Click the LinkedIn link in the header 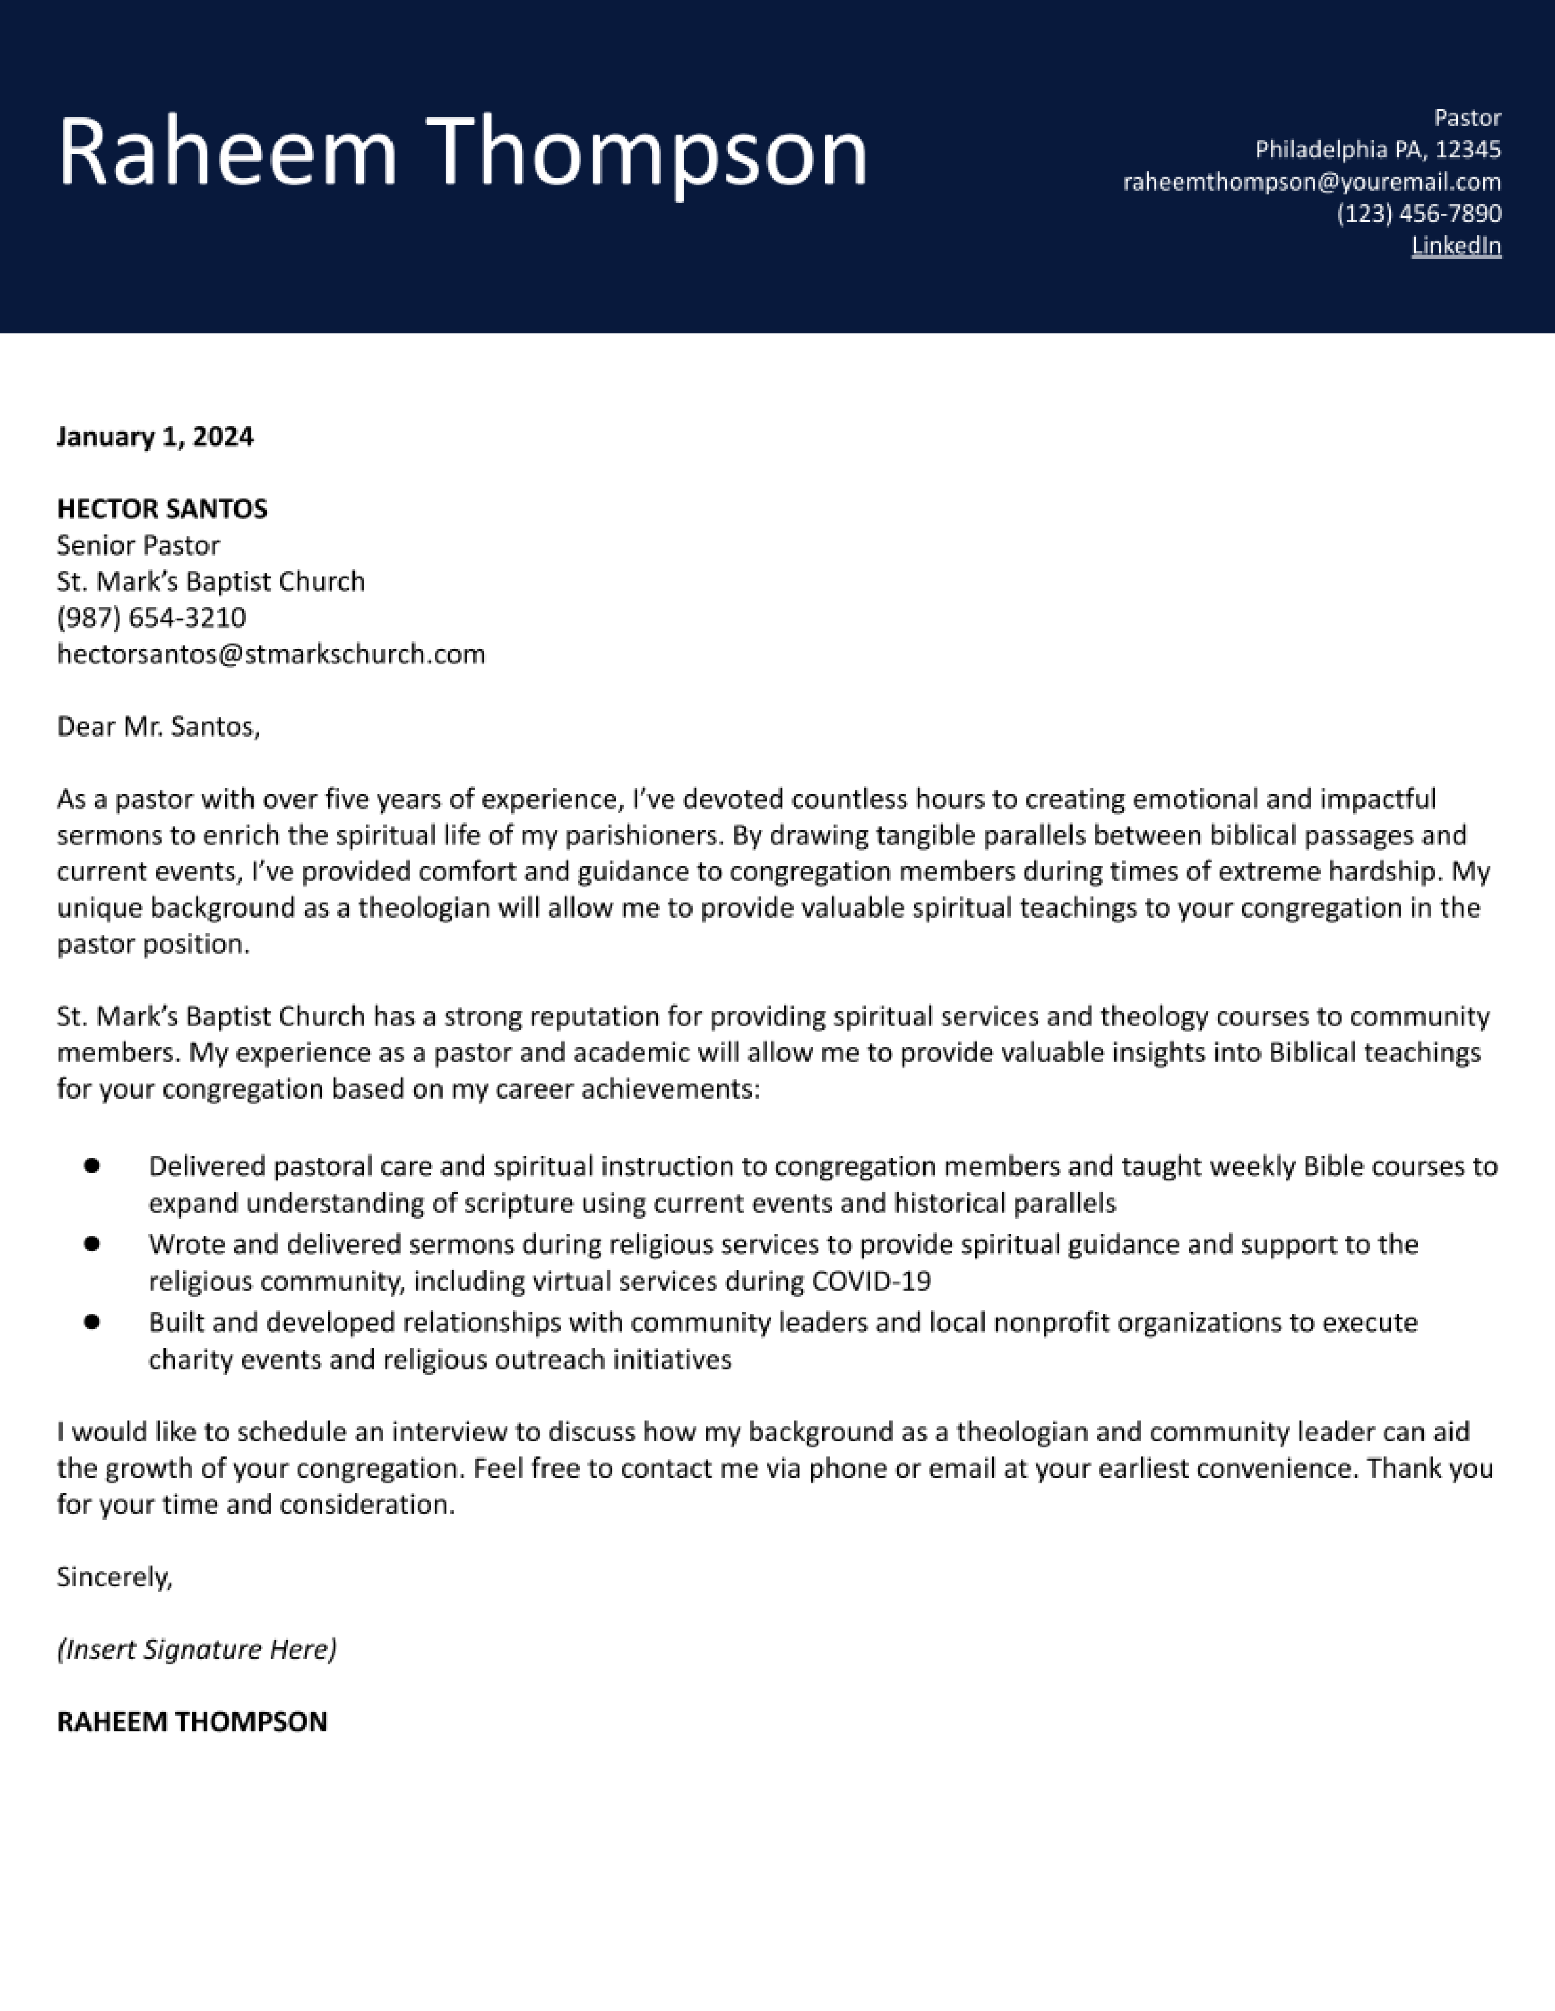1456,246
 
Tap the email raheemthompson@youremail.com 1311,182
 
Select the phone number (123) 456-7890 1418,214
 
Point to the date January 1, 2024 155,436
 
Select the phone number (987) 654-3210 151,617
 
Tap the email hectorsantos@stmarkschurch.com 271,654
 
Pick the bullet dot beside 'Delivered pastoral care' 91,1166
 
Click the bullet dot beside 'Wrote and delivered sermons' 91,1244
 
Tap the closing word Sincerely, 114,1577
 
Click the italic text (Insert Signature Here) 196,1649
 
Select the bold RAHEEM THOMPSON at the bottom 191,1722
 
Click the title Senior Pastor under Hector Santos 138,545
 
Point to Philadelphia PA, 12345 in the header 1377,149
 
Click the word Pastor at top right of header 1467,118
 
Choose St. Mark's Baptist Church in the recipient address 211,581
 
